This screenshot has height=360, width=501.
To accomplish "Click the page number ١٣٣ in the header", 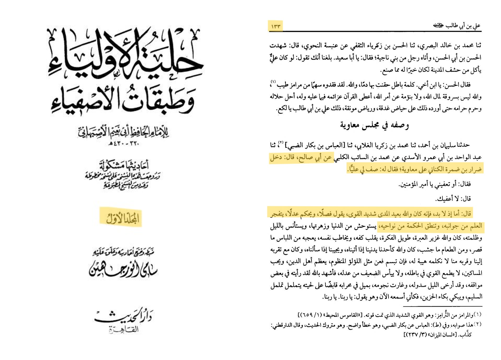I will (x=276, y=26).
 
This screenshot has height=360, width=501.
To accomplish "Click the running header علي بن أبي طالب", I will (x=457, y=26).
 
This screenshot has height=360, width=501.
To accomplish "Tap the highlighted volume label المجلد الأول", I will (x=122, y=218).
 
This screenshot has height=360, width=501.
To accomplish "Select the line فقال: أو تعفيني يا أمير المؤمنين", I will (x=435, y=184).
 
